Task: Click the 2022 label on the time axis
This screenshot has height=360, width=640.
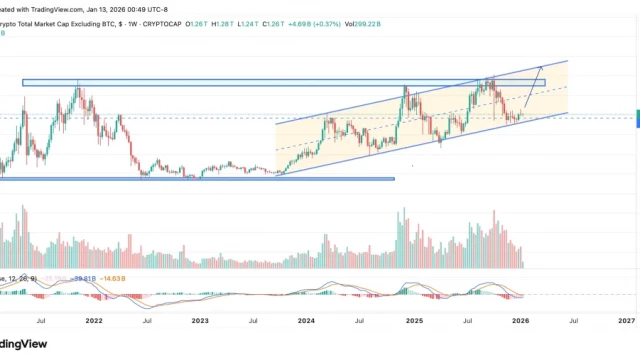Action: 93,320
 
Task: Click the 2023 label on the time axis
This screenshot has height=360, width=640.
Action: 200,320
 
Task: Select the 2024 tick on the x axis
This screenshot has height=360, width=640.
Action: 306,320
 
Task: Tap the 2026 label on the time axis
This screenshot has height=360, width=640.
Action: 520,320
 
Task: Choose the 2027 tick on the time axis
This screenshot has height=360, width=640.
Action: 626,320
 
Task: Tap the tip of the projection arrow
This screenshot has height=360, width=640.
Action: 543,65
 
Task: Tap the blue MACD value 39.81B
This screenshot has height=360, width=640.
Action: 81,278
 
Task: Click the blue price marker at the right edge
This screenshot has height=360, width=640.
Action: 636,117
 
